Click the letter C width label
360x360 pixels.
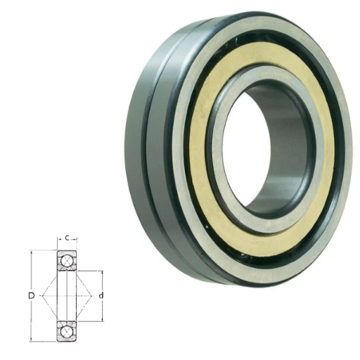tap(67, 238)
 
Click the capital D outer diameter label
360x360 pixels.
tap(31, 296)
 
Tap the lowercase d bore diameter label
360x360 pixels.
tap(101, 295)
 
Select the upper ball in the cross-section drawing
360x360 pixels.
tap(67, 261)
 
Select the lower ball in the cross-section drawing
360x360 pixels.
tap(67, 331)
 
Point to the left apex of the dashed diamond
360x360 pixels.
tap(42, 296)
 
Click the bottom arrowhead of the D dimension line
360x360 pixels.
tap(31, 340)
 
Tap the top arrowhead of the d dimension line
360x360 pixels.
tap(103, 273)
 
